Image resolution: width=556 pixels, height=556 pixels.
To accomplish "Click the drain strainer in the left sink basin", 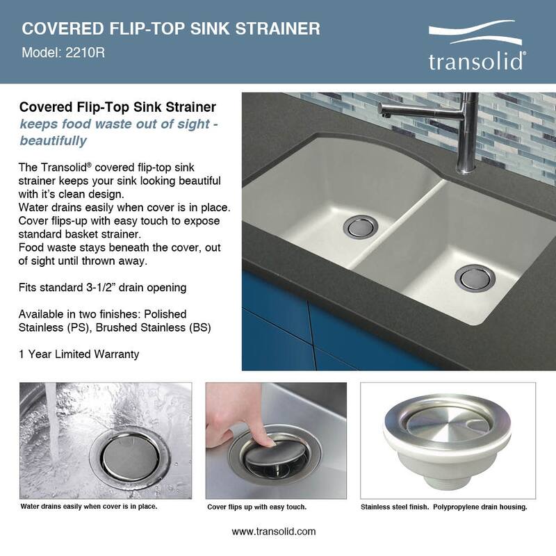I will pos(361,225).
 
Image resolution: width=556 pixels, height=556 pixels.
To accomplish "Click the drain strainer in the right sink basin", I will pos(475,276).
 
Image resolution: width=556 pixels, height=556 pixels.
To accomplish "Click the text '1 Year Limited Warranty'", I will pos(79,354).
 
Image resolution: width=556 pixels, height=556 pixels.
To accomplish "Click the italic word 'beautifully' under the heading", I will pos(53,140).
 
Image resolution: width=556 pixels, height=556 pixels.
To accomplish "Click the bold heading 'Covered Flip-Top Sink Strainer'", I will pos(117,108).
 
